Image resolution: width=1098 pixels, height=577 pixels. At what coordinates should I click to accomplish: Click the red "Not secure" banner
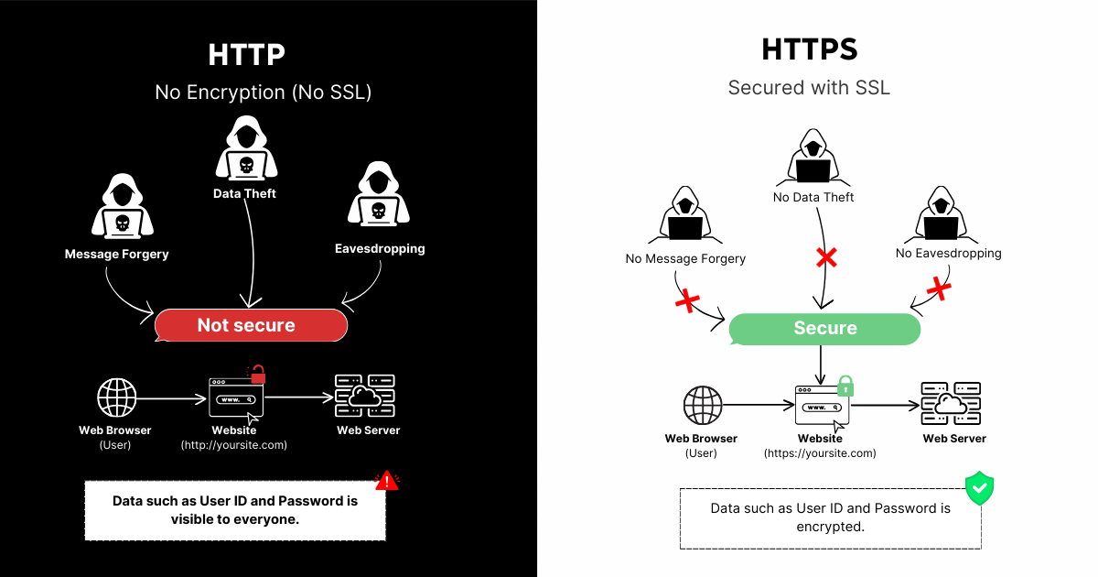click(251, 325)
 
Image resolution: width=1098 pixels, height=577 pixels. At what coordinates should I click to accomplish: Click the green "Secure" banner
click(824, 329)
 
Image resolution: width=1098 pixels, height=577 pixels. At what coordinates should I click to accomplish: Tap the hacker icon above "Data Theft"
click(245, 153)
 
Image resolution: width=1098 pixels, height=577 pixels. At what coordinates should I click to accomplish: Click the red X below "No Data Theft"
click(826, 257)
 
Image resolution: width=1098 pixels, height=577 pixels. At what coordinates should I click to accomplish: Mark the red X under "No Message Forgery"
click(687, 299)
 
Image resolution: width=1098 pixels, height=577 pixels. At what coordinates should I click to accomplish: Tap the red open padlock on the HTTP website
click(258, 374)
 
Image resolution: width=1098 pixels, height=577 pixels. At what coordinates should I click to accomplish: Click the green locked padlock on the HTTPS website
click(845, 385)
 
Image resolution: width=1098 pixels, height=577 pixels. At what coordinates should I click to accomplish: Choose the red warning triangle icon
click(387, 480)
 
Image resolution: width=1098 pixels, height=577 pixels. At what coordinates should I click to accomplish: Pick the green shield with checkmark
click(979, 488)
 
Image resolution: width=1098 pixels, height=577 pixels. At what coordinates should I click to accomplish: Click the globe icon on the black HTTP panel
click(117, 397)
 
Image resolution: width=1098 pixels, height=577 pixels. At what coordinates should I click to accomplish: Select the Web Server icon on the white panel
click(950, 404)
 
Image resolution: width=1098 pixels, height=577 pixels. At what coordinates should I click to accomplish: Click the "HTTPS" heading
click(810, 49)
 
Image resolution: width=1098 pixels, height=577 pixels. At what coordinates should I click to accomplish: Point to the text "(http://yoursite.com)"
click(234, 446)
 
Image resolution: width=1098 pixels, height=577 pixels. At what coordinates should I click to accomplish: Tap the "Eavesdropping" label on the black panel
click(378, 248)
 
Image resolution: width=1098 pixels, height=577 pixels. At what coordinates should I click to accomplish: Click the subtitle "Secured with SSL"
click(809, 88)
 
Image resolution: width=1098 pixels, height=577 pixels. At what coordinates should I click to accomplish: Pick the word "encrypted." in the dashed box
click(831, 527)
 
